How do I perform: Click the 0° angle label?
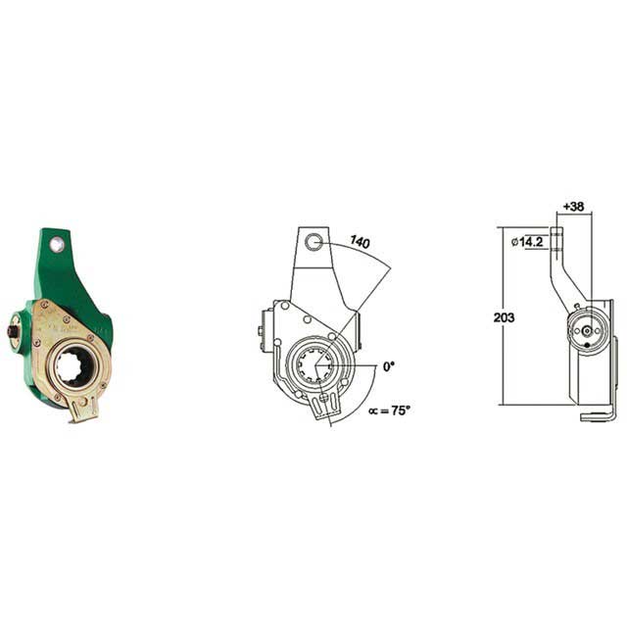pyautogui.click(x=388, y=366)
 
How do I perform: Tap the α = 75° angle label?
pyautogui.click(x=389, y=410)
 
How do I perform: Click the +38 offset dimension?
pyautogui.click(x=574, y=207)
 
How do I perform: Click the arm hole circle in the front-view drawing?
pyautogui.click(x=313, y=243)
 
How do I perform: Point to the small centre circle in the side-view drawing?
pyautogui.click(x=586, y=330)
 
